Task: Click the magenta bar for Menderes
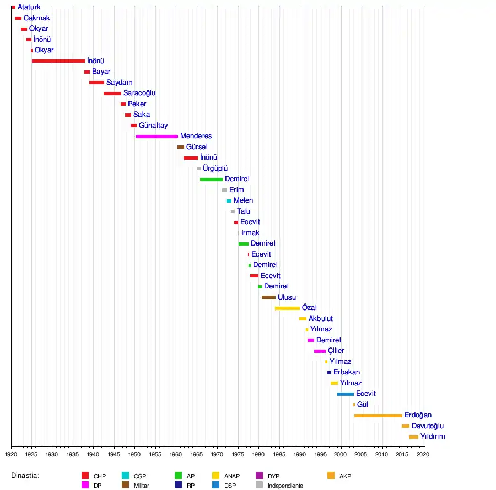point(157,136)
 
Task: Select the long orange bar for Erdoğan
point(378,415)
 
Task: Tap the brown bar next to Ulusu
point(268,297)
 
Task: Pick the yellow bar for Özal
point(287,308)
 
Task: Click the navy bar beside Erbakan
point(329,373)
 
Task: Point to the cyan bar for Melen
point(229,201)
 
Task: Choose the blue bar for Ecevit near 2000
point(346,394)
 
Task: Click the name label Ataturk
point(29,7)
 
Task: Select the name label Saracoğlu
point(139,93)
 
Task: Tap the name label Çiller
point(336,351)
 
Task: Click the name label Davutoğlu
point(428,426)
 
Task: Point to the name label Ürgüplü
point(215,168)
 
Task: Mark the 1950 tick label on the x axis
point(134,455)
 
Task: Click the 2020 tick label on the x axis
point(423,455)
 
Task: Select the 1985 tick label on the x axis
point(279,455)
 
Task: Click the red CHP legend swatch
point(85,476)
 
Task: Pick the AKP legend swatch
point(331,476)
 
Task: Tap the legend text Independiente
point(285,486)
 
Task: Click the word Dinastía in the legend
point(25,476)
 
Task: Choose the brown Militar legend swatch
point(125,485)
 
